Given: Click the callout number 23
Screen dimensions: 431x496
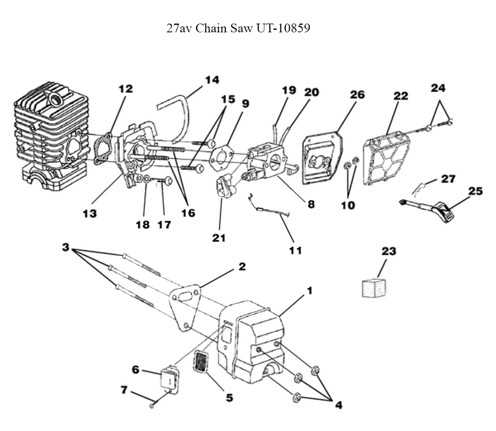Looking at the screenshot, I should pyautogui.click(x=388, y=251).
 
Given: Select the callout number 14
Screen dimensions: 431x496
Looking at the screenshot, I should pyautogui.click(x=212, y=80).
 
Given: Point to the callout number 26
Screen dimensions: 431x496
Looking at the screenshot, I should pyautogui.click(x=357, y=94).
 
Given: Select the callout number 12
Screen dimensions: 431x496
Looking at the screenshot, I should pyautogui.click(x=126, y=89).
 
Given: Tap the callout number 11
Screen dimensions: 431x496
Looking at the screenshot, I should pyautogui.click(x=295, y=250).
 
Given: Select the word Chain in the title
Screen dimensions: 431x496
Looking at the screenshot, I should pyautogui.click(x=211, y=28).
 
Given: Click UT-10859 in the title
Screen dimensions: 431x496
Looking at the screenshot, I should pyautogui.click(x=283, y=28).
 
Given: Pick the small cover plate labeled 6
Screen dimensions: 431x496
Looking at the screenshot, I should pyautogui.click(x=169, y=379).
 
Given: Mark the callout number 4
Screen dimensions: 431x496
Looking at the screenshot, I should pyautogui.click(x=338, y=405).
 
